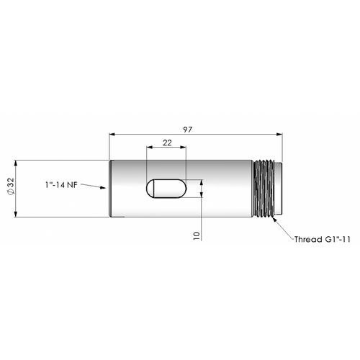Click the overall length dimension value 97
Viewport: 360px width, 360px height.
pyautogui.click(x=187, y=130)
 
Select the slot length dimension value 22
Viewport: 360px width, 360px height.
pyautogui.click(x=167, y=143)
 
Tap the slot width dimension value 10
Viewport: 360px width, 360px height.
pyautogui.click(x=197, y=235)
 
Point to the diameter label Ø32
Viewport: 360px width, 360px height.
pyautogui.click(x=11, y=186)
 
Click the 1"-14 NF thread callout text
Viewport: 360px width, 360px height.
pyautogui.click(x=62, y=185)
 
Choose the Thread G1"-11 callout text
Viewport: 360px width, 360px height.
pyautogui.click(x=323, y=239)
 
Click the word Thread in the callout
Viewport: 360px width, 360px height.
pyautogui.click(x=308, y=239)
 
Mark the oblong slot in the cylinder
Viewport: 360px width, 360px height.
pyautogui.click(x=166, y=189)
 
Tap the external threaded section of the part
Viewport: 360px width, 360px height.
pyautogui.click(x=264, y=189)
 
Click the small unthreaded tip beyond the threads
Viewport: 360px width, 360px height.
pyautogui.click(x=279, y=189)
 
